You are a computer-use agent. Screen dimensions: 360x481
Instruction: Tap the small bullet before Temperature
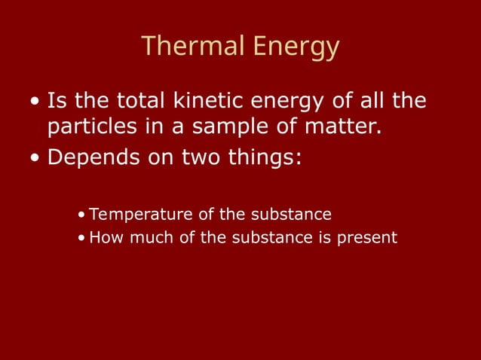click(x=81, y=215)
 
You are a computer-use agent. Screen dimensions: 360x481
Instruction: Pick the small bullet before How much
click(x=81, y=238)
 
